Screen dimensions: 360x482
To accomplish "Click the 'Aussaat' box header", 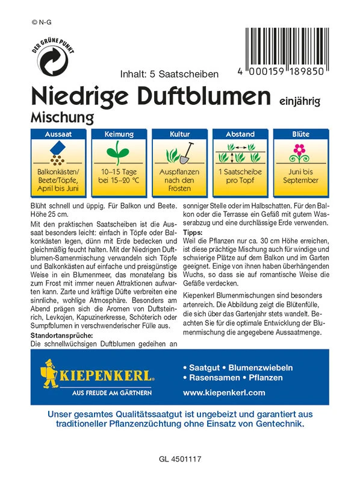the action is [x=58, y=134].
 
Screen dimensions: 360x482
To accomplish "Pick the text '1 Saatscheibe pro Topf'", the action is [x=240, y=176].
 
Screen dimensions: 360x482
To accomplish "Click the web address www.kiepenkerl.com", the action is [x=223, y=392].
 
